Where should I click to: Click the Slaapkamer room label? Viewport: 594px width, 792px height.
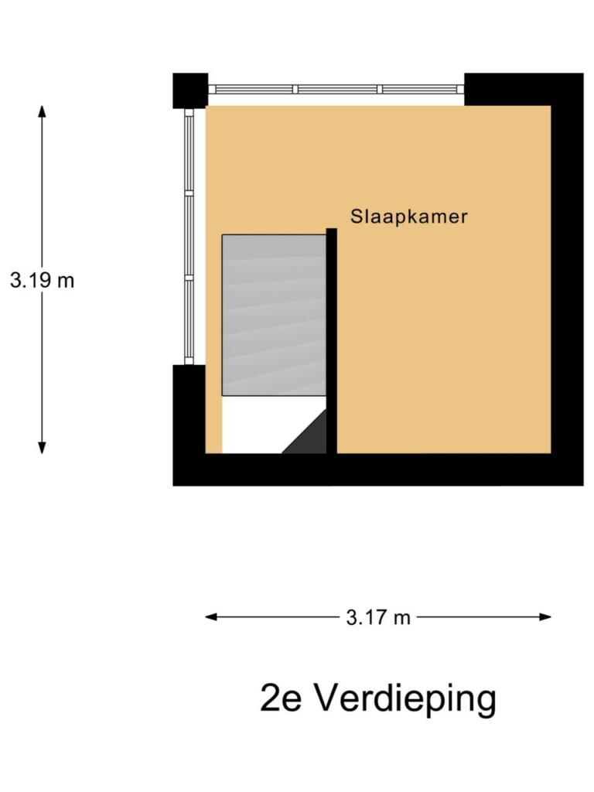[x=408, y=217]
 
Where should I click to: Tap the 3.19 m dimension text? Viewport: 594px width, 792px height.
[x=43, y=280]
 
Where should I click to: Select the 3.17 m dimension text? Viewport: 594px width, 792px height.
[x=378, y=617]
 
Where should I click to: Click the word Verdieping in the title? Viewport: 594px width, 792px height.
[x=405, y=699]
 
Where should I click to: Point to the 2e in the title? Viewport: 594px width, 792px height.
[x=281, y=699]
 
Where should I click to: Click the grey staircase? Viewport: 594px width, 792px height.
[x=274, y=315]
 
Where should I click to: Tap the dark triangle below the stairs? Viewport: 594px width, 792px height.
[x=305, y=432]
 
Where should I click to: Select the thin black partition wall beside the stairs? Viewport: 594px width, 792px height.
[x=331, y=341]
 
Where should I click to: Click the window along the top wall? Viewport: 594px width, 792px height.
[x=336, y=90]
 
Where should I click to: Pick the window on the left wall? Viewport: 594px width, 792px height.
[x=189, y=237]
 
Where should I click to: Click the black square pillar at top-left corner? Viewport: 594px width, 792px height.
[x=190, y=91]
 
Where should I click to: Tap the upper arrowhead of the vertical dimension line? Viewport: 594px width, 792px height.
[x=43, y=111]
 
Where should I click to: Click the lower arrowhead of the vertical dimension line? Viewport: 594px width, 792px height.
[x=43, y=448]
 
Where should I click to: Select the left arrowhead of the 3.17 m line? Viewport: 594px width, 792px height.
[x=211, y=616]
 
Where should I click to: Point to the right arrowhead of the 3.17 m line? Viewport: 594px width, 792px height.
[x=545, y=616]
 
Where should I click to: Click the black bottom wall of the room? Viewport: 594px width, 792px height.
[x=377, y=469]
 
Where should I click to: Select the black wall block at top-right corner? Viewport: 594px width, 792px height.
[x=524, y=90]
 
